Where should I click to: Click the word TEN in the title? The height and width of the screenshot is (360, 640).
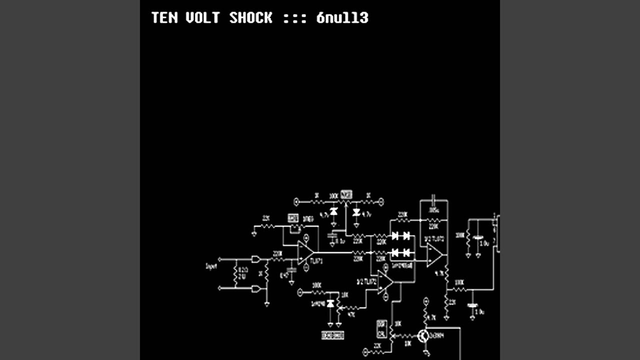tap(164, 18)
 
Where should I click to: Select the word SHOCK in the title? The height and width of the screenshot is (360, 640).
tap(251, 18)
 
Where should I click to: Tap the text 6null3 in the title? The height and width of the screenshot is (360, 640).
tap(342, 18)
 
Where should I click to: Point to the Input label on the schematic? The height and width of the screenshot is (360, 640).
tap(211, 266)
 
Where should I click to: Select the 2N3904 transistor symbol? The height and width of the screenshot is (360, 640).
tap(423, 336)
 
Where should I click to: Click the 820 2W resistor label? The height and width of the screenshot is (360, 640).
tap(243, 272)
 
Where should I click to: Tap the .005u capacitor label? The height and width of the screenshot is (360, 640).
tap(433, 210)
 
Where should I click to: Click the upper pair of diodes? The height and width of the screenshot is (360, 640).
tap(401, 235)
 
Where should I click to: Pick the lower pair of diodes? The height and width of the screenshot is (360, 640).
tap(401, 252)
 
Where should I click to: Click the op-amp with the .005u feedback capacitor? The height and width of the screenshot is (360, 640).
tap(434, 255)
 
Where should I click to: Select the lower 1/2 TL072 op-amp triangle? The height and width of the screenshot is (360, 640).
tap(385, 282)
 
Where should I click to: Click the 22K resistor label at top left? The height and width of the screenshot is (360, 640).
tap(266, 218)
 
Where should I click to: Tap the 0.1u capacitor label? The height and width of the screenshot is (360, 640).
tap(340, 241)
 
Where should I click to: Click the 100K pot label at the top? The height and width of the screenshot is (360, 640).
tap(333, 195)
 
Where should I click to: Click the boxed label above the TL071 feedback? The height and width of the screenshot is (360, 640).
tap(293, 218)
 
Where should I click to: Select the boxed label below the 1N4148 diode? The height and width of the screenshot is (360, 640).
tap(332, 335)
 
